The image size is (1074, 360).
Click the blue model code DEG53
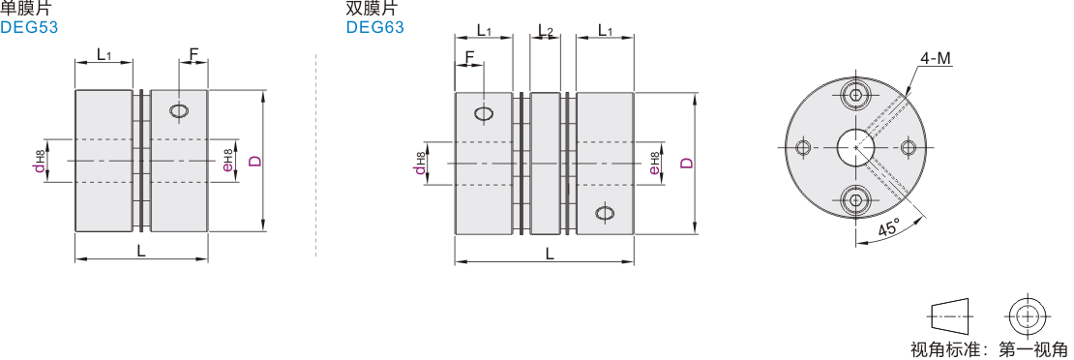[29, 27]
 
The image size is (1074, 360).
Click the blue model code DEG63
[374, 27]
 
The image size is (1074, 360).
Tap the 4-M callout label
[936, 60]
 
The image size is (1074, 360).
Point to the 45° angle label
[888, 227]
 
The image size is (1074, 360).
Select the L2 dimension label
[545, 30]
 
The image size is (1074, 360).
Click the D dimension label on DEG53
[254, 162]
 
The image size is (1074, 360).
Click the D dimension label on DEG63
[686, 164]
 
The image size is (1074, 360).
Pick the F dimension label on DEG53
[194, 53]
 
